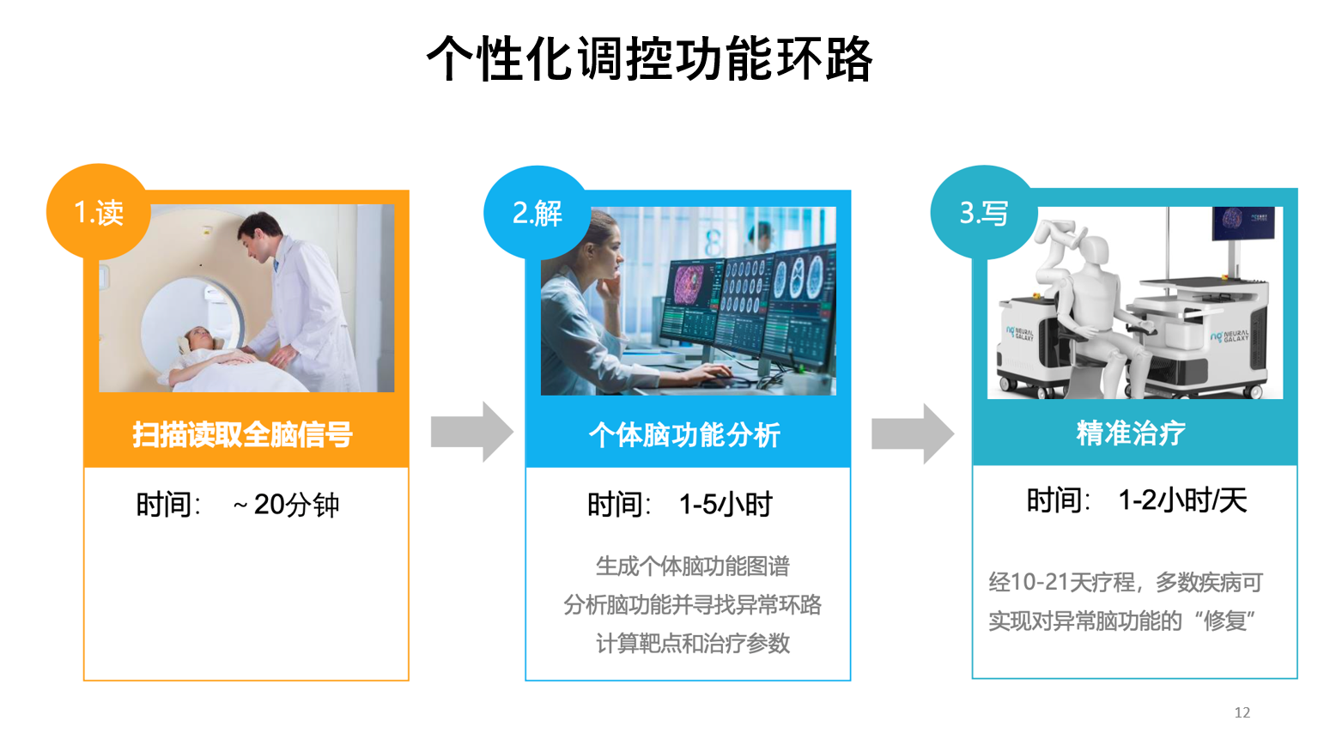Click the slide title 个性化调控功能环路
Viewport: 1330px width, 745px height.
click(x=650, y=59)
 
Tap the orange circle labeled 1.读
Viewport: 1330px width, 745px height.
click(x=99, y=212)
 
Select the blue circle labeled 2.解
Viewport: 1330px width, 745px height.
click(x=537, y=213)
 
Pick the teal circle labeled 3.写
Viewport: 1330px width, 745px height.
click(x=983, y=212)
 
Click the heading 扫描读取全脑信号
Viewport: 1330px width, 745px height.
click(x=242, y=434)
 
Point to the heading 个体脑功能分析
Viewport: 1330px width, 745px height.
click(x=684, y=434)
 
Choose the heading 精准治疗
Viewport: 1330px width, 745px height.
click(x=1131, y=433)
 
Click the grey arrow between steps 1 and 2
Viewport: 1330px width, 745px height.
click(x=471, y=432)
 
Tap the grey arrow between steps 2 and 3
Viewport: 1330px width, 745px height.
click(x=912, y=433)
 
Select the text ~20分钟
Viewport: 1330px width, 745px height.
click(x=286, y=505)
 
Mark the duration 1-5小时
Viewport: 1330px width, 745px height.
click(x=726, y=505)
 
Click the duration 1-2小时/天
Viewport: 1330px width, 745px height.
click(x=1182, y=500)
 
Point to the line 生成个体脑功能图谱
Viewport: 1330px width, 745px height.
click(x=692, y=566)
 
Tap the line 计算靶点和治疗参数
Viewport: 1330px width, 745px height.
click(x=692, y=643)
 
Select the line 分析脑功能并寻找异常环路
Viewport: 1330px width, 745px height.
click(x=692, y=605)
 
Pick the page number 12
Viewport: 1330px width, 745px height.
click(x=1242, y=712)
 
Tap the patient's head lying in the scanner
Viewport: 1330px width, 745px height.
click(x=198, y=338)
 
